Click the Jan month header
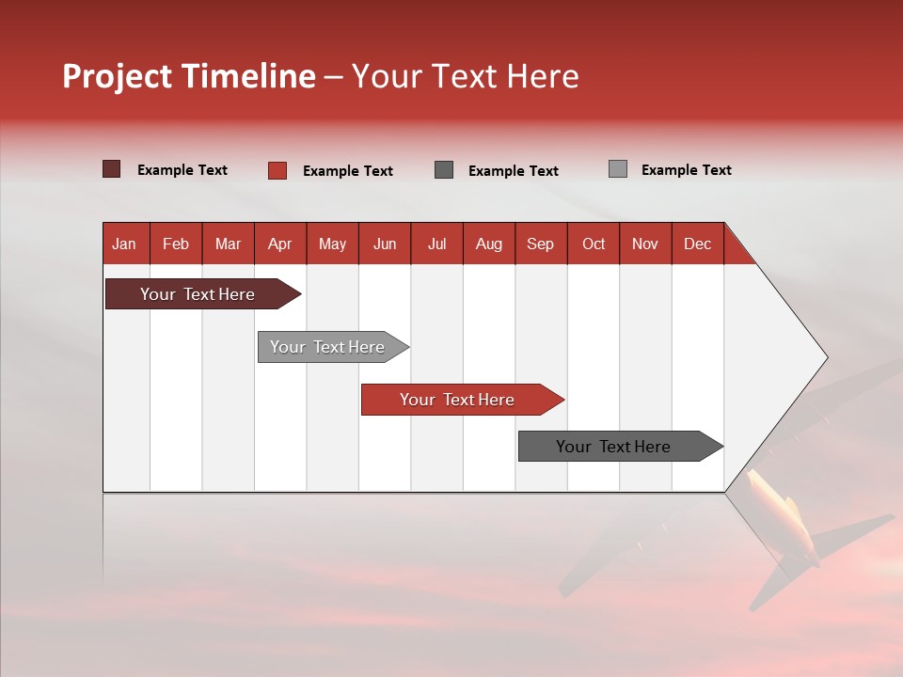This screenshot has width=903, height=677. tap(125, 244)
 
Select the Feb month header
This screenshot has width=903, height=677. tap(176, 244)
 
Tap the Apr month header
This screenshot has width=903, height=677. tap(280, 244)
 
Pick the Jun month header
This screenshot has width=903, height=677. tap(385, 244)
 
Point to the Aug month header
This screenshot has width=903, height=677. tap(489, 244)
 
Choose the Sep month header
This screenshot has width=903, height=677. tap(541, 244)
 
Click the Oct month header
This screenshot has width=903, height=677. tap(594, 244)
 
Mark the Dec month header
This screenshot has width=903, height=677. tap(698, 244)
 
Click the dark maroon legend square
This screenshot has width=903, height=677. tap(112, 169)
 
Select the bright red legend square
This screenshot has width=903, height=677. tap(277, 170)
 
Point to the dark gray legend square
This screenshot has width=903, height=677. tap(444, 169)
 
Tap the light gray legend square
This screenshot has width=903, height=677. tap(618, 169)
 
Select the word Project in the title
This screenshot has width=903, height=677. tap(118, 76)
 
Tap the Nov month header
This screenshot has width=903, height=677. tap(645, 244)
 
